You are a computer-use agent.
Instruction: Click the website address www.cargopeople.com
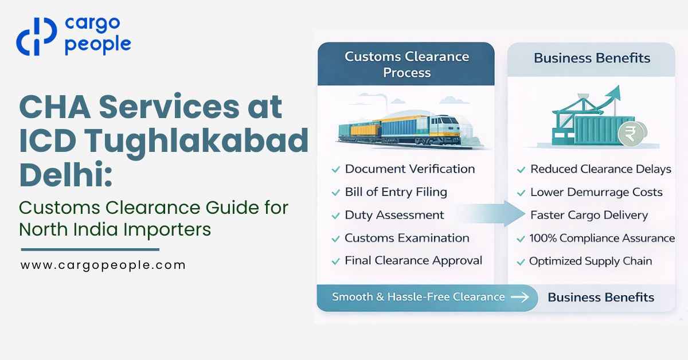103,265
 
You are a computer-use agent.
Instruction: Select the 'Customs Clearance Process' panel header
406,64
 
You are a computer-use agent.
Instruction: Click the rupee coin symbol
630,136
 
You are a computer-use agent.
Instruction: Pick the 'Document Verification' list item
409,169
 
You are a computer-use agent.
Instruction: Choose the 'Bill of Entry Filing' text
396,192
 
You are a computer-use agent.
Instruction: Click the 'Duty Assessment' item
394,215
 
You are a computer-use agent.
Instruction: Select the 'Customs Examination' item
406,238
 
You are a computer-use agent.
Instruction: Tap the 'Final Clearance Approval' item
413,260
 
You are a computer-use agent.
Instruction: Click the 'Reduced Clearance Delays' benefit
600,169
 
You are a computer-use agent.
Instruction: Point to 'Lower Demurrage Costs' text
596,192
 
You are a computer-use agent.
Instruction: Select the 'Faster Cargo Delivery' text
589,216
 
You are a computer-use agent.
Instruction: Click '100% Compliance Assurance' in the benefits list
602,238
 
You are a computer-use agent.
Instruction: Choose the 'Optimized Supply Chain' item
590,261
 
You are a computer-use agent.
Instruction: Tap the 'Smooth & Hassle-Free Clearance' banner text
418,297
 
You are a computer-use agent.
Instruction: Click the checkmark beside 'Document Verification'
335,170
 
